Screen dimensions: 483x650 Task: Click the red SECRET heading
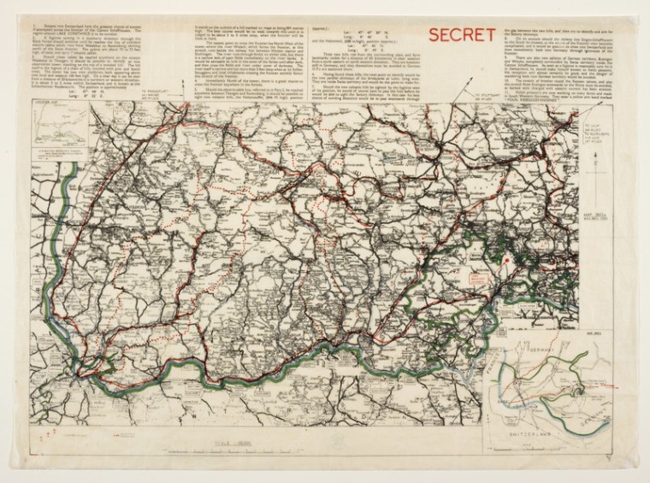pyautogui.click(x=464, y=36)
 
